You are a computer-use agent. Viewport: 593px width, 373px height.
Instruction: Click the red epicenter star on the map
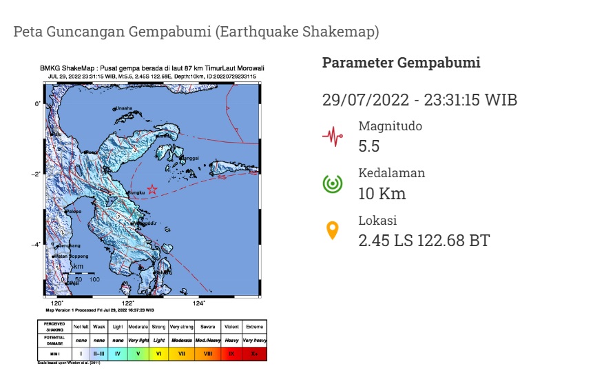pos(152,189)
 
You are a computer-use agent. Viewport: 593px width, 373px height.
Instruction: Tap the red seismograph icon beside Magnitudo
pos(333,136)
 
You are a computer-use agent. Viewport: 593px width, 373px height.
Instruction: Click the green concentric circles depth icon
pos(333,183)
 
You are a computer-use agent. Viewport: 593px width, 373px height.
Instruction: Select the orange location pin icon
pos(333,230)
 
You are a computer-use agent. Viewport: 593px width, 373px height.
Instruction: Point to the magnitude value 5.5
pos(369,146)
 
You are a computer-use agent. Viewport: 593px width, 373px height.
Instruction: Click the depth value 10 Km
pos(382,194)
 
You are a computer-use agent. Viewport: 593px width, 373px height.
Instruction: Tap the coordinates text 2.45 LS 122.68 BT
pos(424,241)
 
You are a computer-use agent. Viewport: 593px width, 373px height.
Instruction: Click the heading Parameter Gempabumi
pos(401,63)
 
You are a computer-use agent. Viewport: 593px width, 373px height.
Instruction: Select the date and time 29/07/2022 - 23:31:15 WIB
pos(419,100)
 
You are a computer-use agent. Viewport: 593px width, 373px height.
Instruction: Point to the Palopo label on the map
pos(73,211)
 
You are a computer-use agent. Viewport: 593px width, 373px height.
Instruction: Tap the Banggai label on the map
pos(189,158)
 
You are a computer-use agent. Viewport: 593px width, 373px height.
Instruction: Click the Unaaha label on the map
pos(124,108)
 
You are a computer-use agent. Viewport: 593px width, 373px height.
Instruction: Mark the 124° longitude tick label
pos(198,303)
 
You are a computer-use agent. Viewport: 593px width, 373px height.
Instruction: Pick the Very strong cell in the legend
pos(182,325)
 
